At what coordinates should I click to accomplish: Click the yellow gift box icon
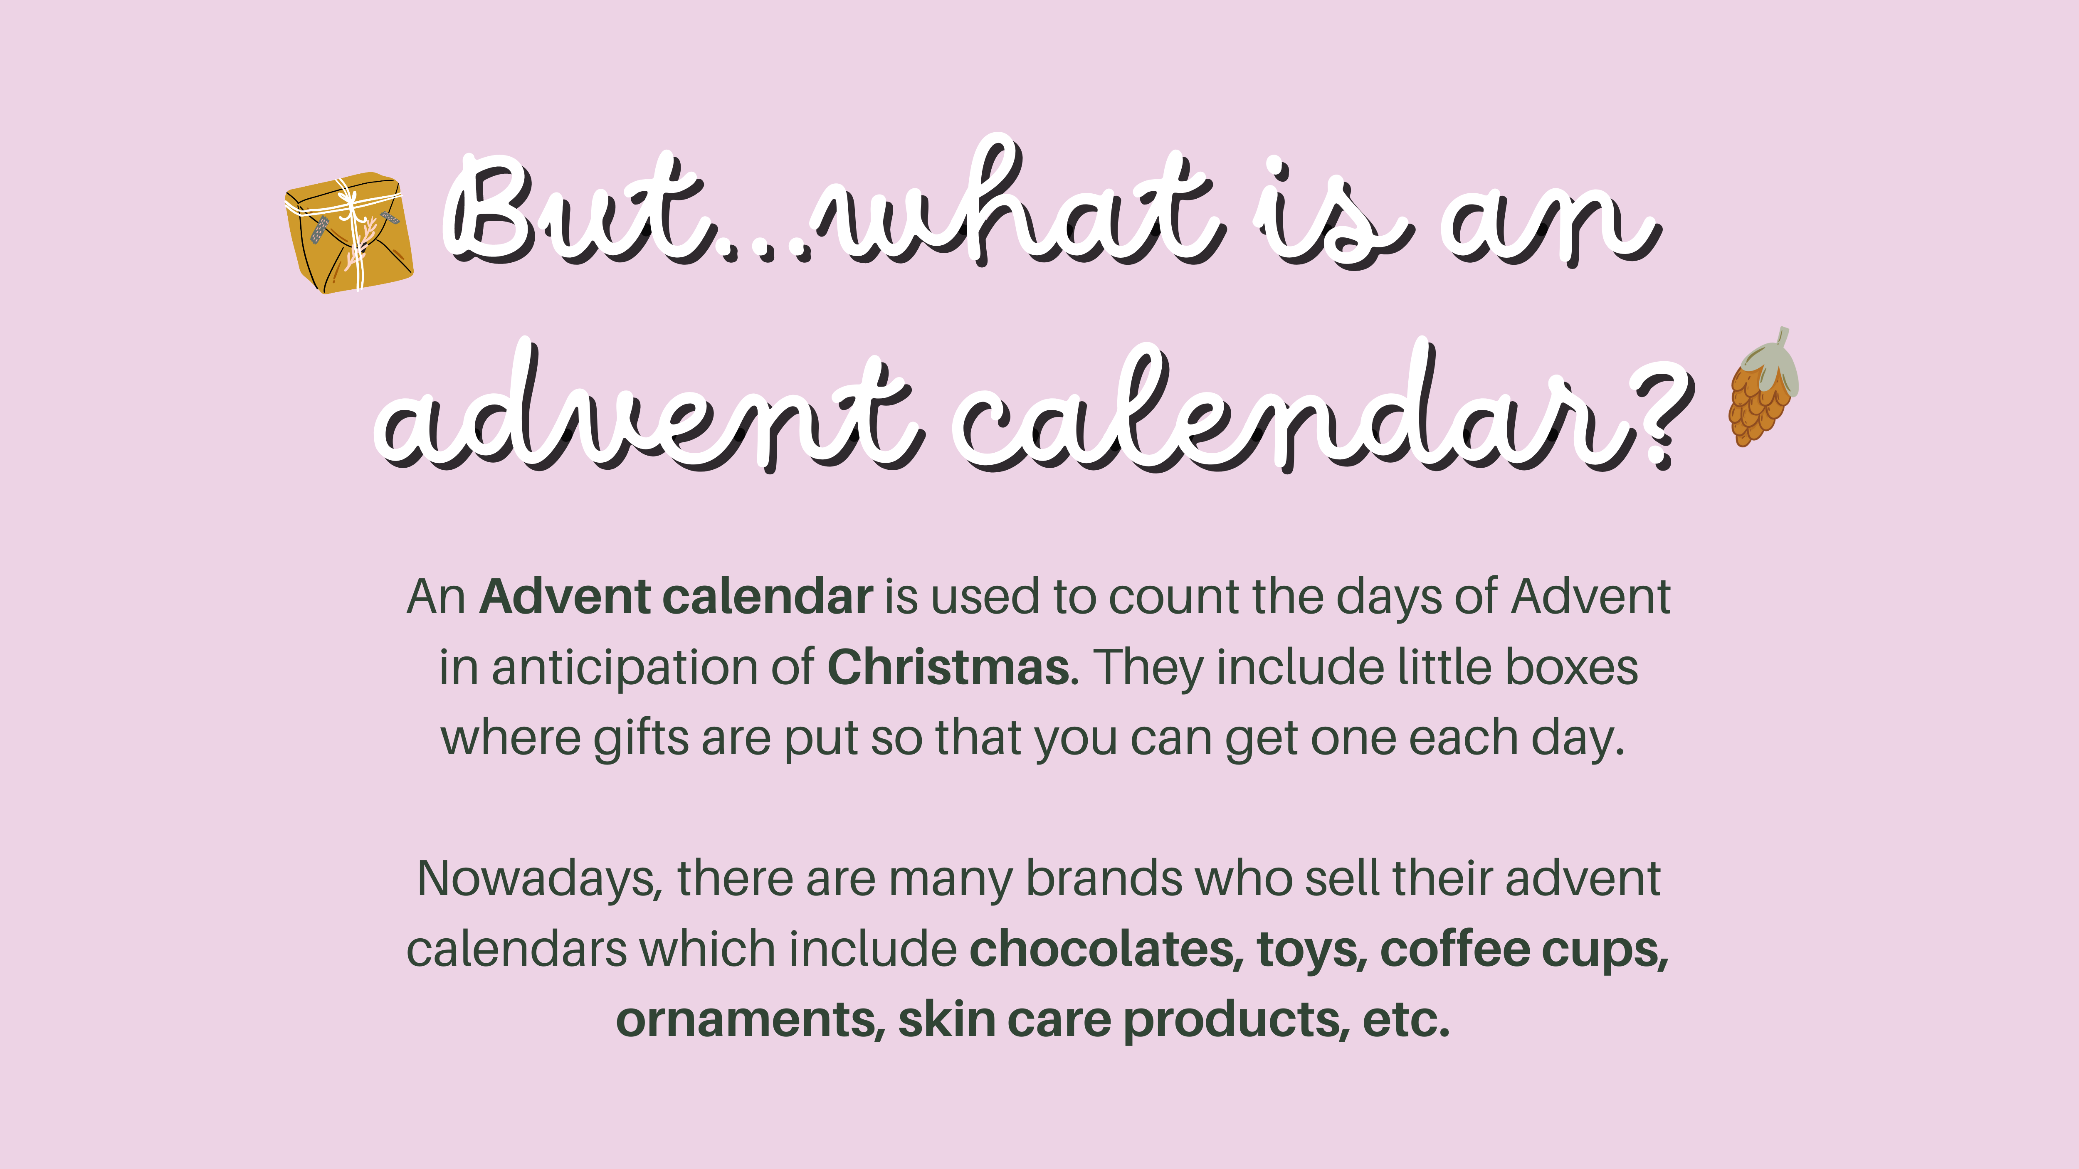[349, 232]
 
